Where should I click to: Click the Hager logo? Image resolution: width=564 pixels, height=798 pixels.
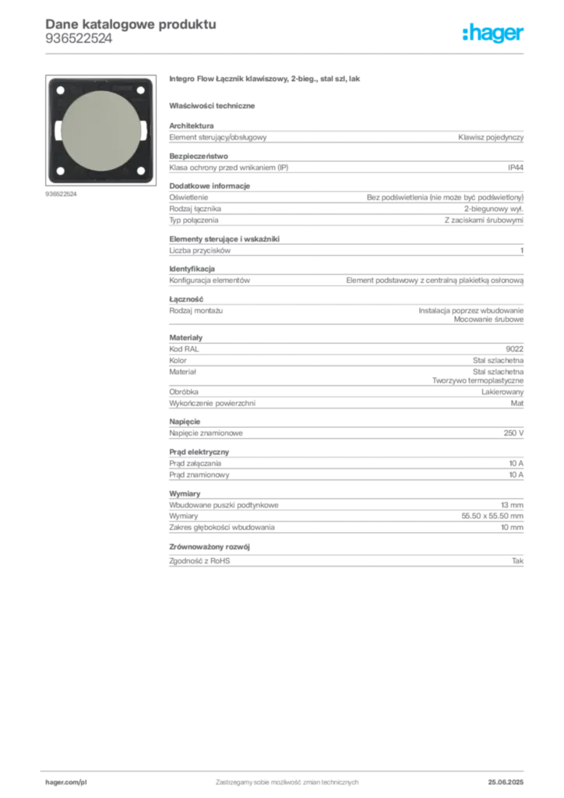tap(493, 33)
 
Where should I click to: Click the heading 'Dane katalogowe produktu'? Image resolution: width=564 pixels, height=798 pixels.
tap(131, 24)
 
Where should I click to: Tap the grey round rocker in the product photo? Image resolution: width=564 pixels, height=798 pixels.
tap(100, 131)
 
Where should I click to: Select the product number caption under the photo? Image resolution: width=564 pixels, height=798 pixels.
tap(61, 194)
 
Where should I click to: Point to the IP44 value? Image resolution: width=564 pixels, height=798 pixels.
tap(515, 168)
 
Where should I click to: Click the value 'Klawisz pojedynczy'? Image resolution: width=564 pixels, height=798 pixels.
tap(491, 137)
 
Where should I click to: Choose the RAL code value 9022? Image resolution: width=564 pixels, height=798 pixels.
tap(515, 349)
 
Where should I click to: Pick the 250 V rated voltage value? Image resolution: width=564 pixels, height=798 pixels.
tap(513, 433)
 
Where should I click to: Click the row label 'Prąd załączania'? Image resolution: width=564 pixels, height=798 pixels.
tap(196, 464)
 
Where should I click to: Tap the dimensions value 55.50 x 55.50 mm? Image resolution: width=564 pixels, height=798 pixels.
tap(492, 516)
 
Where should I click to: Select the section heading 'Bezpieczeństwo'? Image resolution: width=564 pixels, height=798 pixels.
tap(199, 156)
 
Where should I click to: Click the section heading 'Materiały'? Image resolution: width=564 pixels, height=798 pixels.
tap(185, 337)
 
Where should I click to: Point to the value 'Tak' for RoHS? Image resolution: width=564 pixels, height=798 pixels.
tap(518, 561)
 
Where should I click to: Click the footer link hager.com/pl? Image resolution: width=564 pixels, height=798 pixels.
tap(66, 782)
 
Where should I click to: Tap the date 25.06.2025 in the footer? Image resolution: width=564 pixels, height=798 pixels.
tap(506, 782)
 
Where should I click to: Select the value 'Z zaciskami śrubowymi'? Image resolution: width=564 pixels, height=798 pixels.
tap(484, 221)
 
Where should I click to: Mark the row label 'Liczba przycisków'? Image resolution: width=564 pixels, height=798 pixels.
tap(200, 251)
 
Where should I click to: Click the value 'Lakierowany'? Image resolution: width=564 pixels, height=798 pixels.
tap(502, 392)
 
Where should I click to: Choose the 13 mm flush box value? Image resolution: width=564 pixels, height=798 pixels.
tap(512, 505)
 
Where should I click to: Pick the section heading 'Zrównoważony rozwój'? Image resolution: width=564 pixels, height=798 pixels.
tap(210, 547)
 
